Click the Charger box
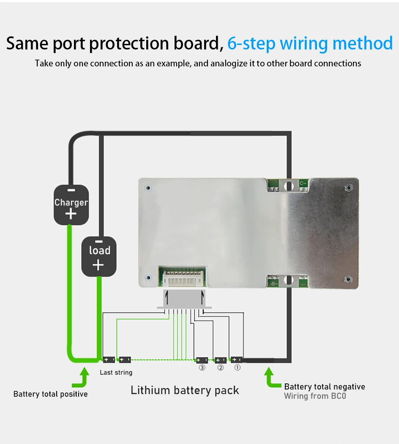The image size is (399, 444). tap(71, 205)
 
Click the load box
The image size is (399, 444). tap(98, 256)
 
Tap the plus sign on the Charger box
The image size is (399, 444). tap(71, 214)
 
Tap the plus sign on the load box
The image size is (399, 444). tap(98, 265)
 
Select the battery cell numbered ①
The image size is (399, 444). tap(237, 360)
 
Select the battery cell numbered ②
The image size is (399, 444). tap(220, 360)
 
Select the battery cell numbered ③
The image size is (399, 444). tap(202, 360)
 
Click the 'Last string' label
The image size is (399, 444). tap(116, 373)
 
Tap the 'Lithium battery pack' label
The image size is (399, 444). tap(185, 390)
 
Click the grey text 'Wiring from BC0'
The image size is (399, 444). tap(315, 396)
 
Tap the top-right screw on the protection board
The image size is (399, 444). tap(347, 187)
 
